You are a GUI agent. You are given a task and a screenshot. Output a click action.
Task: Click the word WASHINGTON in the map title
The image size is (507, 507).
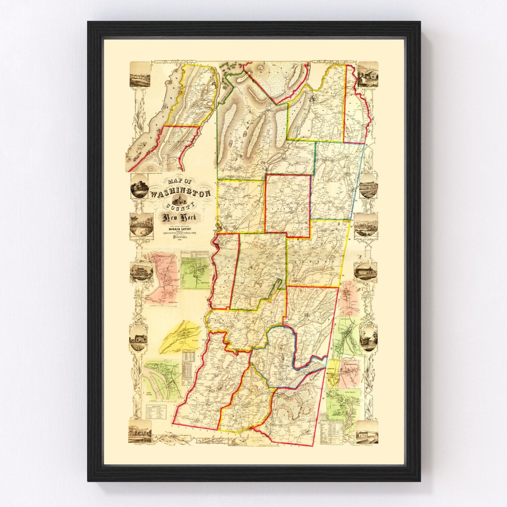coord(180,193)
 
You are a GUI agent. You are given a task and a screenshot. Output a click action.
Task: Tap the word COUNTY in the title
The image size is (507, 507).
coord(181,206)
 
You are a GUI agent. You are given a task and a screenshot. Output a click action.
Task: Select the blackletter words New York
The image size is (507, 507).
coord(180,217)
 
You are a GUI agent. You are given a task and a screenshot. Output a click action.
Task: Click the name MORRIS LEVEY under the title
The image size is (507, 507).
coord(180,230)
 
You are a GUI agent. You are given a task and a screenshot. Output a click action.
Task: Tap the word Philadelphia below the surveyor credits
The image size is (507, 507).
coord(180,238)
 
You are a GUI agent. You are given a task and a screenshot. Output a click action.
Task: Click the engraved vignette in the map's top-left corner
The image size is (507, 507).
coord(140,75)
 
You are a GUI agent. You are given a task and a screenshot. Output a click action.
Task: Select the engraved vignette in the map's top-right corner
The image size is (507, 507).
coord(367,75)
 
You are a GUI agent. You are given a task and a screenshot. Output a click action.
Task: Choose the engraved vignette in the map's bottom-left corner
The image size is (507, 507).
coord(140,431)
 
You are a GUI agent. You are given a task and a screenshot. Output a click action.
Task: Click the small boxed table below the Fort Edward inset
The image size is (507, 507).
coord(155,413)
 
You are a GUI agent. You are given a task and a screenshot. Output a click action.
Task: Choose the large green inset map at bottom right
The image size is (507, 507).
coord(344,403)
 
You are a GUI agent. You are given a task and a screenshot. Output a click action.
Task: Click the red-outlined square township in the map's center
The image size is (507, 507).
coord(288,205)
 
